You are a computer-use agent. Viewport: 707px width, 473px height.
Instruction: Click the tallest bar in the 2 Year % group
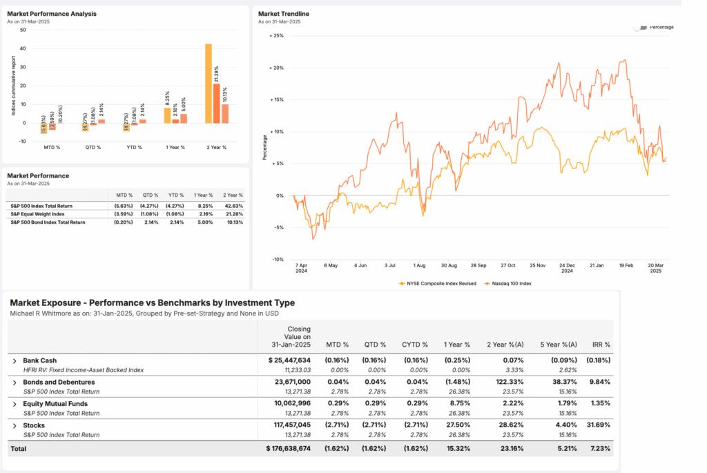click(x=209, y=84)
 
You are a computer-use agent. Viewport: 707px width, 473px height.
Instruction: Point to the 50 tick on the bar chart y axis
click(x=23, y=30)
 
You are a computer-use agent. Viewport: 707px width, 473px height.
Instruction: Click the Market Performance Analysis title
click(x=52, y=14)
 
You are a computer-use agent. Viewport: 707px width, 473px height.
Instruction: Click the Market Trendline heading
click(x=284, y=14)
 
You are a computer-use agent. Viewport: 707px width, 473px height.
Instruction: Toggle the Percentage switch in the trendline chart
click(x=642, y=27)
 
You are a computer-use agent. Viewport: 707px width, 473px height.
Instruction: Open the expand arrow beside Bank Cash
click(x=14, y=360)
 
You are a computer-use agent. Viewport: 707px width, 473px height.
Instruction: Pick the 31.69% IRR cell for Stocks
click(x=598, y=425)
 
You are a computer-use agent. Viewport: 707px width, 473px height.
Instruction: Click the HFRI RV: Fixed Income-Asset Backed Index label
click(x=83, y=369)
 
